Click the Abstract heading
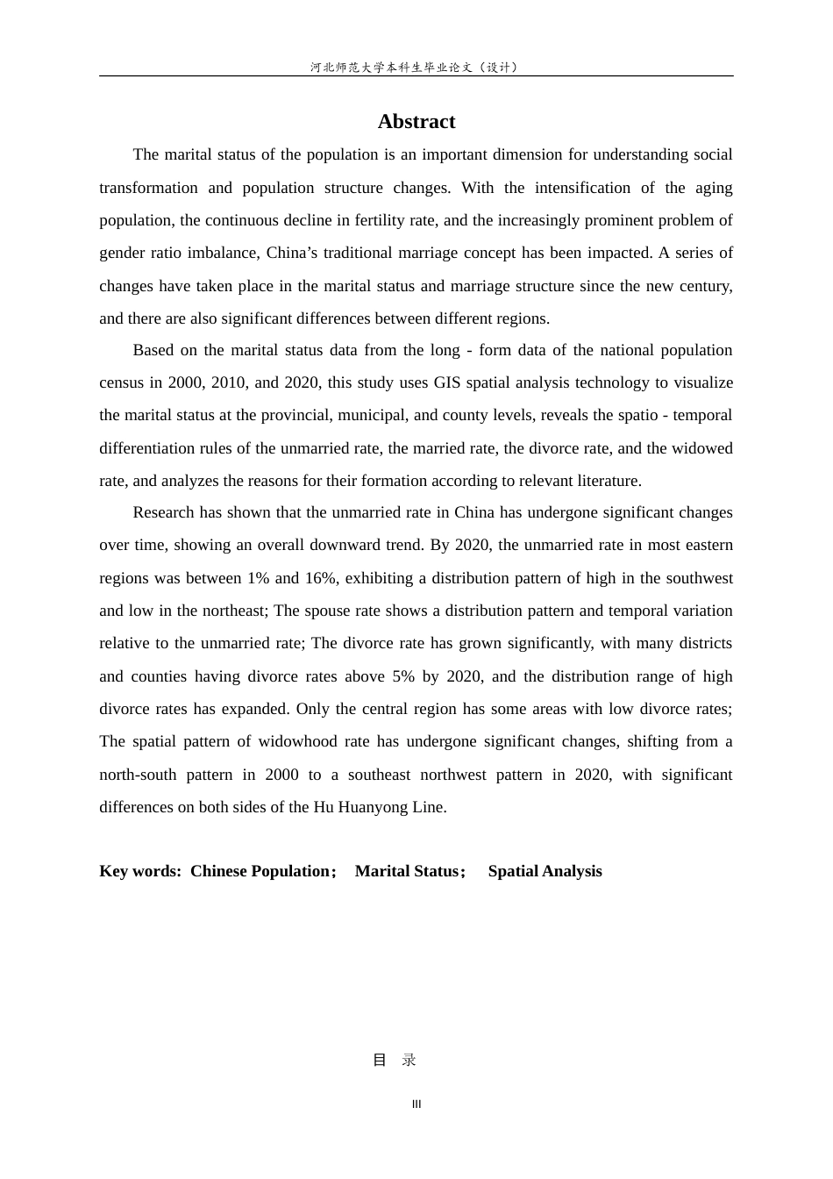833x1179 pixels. pyautogui.click(x=416, y=122)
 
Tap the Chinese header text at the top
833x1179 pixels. pyautogui.click(x=416, y=68)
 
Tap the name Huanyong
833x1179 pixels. pyautogui.click(x=373, y=807)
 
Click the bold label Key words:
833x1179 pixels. pyautogui.click(x=140, y=871)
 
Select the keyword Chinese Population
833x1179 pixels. pyautogui.click(x=260, y=871)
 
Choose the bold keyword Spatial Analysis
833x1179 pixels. pyautogui.click(x=545, y=871)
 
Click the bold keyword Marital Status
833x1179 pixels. pyautogui.click(x=406, y=871)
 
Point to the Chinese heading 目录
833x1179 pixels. pyautogui.click(x=395, y=1060)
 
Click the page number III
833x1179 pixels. pyautogui.click(x=416, y=1104)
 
